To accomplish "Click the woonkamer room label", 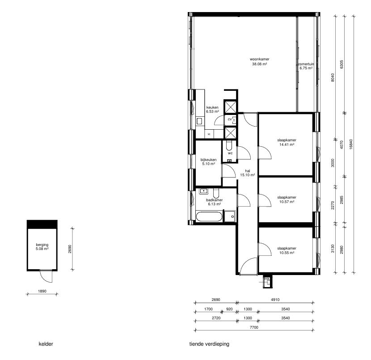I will click(259, 62).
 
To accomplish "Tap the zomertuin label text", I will click(306, 66).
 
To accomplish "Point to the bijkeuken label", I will click(208, 161).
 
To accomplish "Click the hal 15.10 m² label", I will click(247, 173).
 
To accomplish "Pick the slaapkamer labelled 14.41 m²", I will click(287, 142).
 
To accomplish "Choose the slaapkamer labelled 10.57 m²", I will click(287, 199).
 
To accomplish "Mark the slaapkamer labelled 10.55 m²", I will click(287, 250).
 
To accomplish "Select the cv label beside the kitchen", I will click(230, 119).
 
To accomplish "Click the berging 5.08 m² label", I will click(42, 246).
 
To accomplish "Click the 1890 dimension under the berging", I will click(42, 290).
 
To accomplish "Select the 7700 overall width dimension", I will click(254, 328).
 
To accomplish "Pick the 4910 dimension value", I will click(274, 300).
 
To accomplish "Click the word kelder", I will click(46, 344).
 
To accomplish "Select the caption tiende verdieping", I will click(210, 344).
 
